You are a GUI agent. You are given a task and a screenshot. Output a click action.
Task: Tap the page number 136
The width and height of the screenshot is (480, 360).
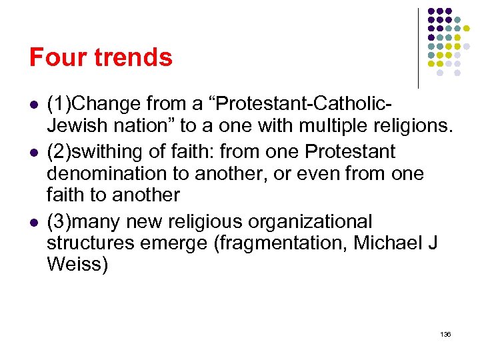pos(445,334)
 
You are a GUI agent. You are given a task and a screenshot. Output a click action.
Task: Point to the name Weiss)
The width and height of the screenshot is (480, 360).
pos(77,264)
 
